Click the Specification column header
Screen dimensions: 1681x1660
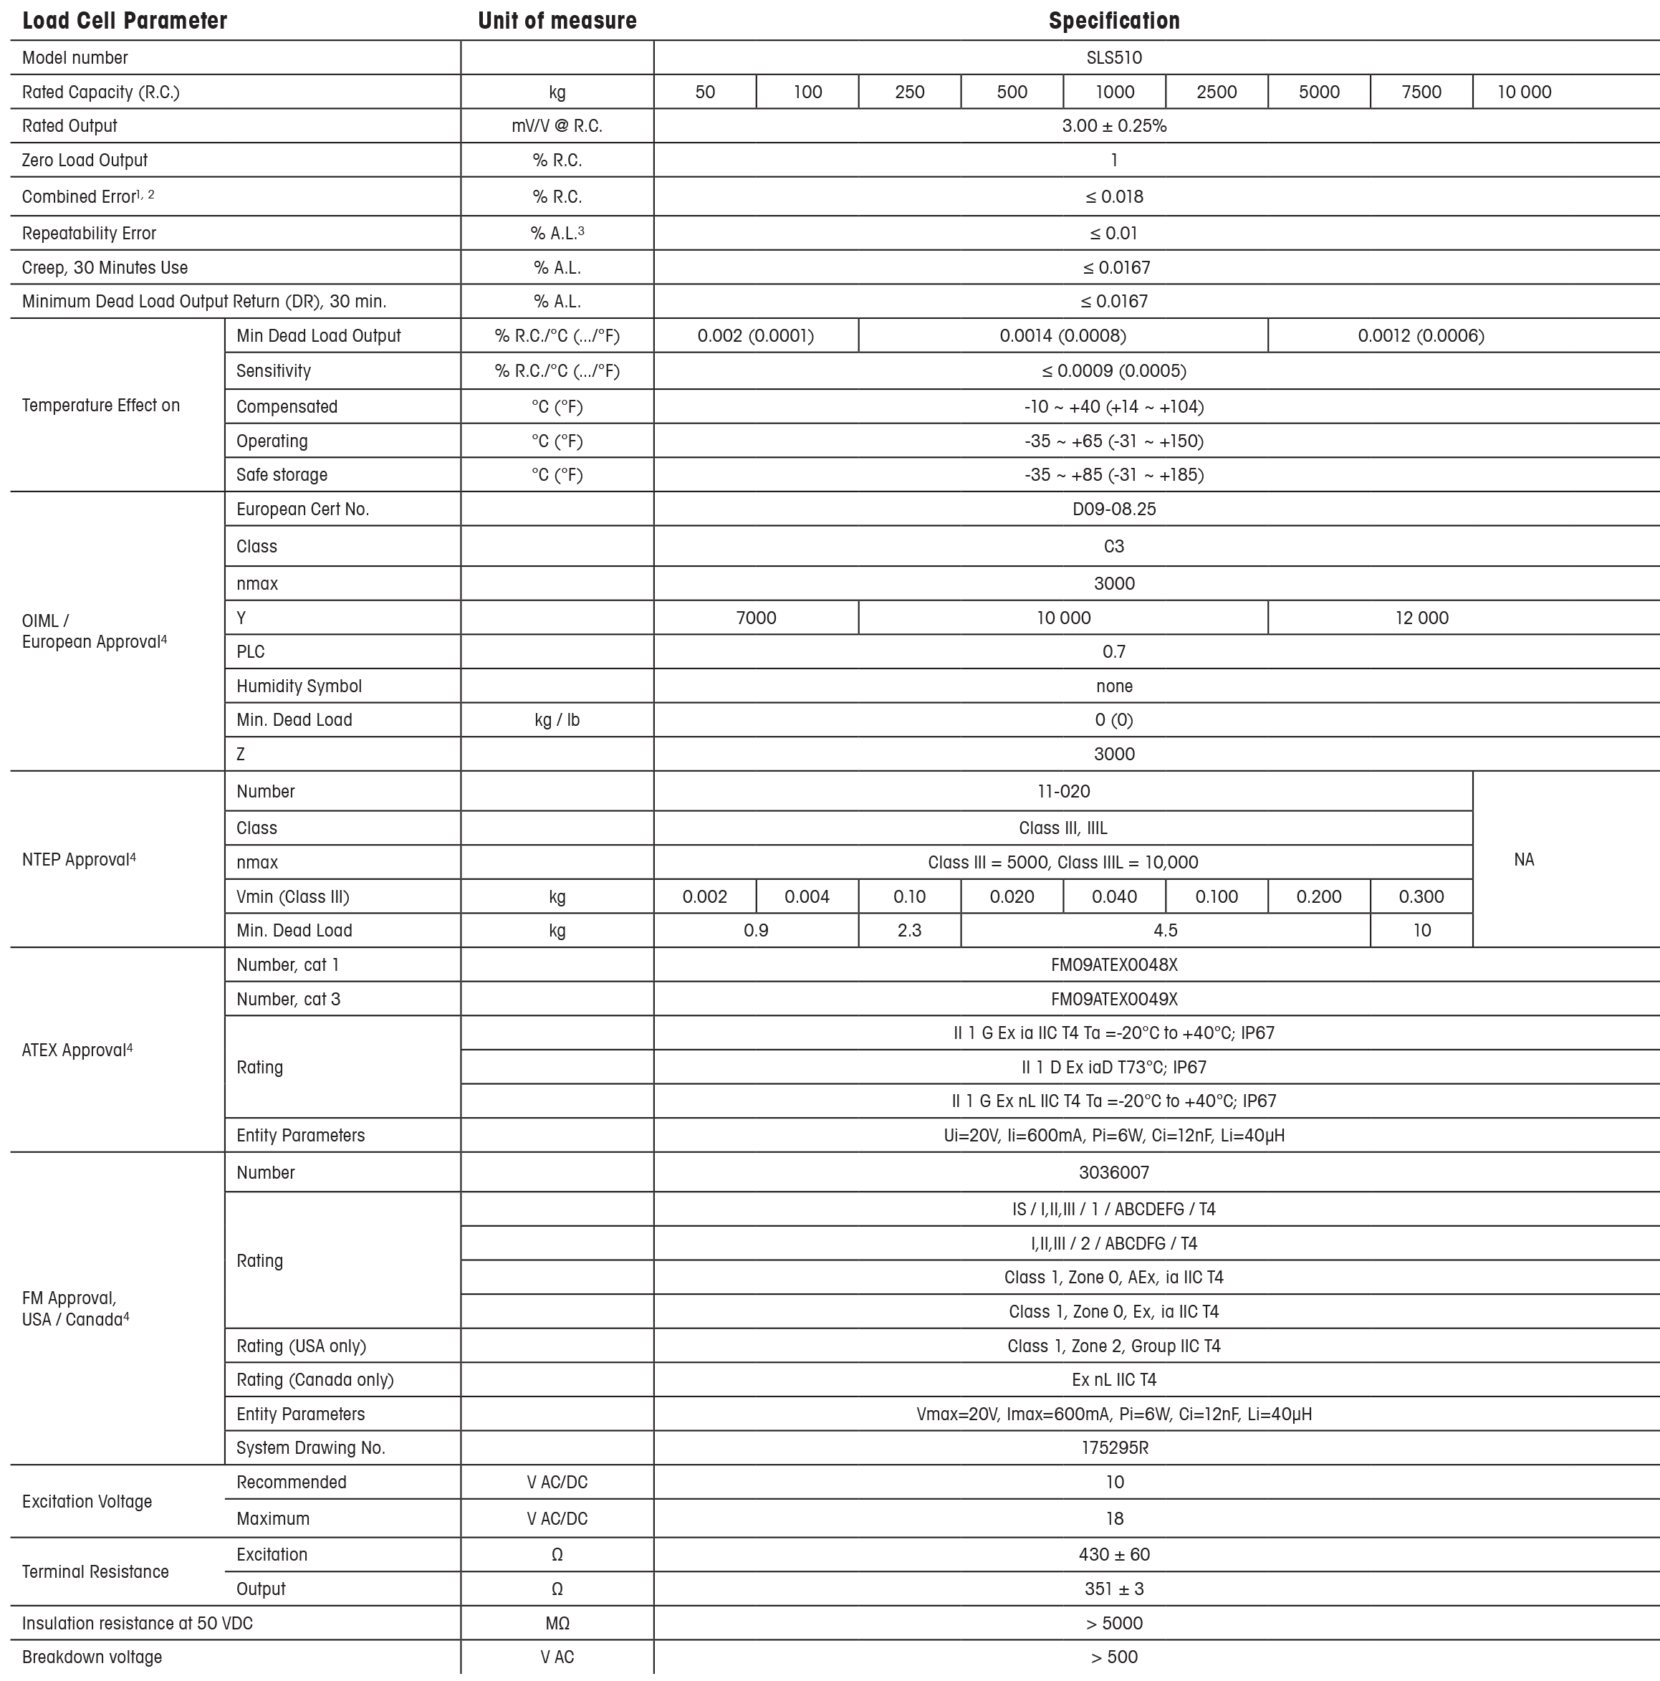click(x=1113, y=21)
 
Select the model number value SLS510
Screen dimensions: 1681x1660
click(x=1113, y=57)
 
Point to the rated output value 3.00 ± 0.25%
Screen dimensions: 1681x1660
click(x=1113, y=126)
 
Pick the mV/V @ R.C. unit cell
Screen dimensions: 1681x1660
click(x=557, y=126)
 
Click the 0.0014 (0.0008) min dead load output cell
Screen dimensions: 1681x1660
click(x=1062, y=336)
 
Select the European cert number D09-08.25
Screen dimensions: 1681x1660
click(x=1113, y=509)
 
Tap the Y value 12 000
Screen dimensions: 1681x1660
click(x=1421, y=618)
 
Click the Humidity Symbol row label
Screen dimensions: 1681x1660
click(x=299, y=686)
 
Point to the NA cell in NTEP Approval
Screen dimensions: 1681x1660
click(x=1523, y=860)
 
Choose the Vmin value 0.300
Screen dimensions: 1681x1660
click(x=1421, y=897)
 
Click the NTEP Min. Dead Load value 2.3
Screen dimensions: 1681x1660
click(x=909, y=931)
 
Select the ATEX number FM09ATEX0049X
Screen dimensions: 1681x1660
click(x=1113, y=1000)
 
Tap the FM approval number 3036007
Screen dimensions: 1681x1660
click(x=1113, y=1173)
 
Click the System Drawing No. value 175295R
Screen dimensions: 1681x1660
click(x=1113, y=1448)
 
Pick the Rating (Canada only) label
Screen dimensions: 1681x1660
click(x=315, y=1380)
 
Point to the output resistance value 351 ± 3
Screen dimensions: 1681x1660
click(x=1113, y=1589)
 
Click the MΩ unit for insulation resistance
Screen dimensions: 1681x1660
click(x=557, y=1624)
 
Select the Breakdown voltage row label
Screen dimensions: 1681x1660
click(x=92, y=1657)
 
